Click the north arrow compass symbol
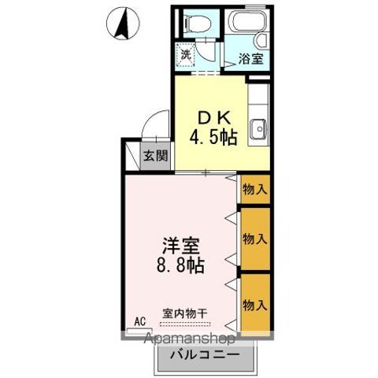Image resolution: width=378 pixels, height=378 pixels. pos(123,23)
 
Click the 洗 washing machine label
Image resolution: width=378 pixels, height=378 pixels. pos(187,55)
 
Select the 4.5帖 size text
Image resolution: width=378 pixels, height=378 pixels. pos(213,138)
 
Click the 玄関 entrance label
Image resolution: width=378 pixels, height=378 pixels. pos(155,155)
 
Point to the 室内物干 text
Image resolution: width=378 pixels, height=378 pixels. pos(185,313)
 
